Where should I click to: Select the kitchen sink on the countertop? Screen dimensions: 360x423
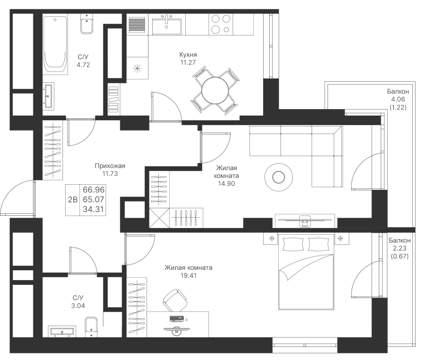coord(167,23)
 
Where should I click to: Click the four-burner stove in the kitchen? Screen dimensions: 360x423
coord(220,24)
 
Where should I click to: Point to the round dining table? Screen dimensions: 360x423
coord(213,89)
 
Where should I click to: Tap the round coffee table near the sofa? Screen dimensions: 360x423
coord(278,177)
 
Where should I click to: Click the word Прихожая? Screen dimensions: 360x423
coord(110,166)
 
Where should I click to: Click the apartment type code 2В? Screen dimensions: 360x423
coord(73,199)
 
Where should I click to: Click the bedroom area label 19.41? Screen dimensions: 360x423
coord(188,276)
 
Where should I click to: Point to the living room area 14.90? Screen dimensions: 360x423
coord(227,184)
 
